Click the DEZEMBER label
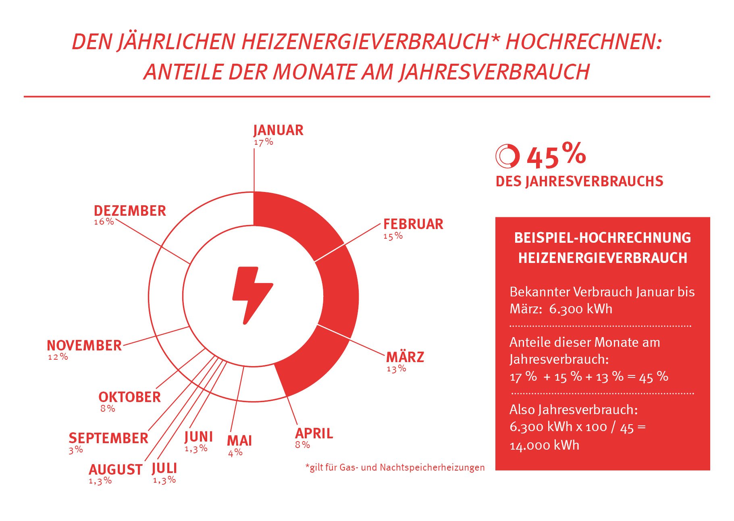click(130, 211)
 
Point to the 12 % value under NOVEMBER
click(58, 357)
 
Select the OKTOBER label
click(129, 397)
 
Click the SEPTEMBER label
click(108, 438)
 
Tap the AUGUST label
click(115, 470)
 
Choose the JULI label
click(164, 468)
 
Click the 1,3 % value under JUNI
click(196, 448)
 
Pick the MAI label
click(239, 441)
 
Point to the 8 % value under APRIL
click(302, 445)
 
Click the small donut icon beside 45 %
click(507, 156)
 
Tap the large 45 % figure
click(556, 156)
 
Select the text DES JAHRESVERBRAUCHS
click(579, 181)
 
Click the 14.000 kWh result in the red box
click(544, 445)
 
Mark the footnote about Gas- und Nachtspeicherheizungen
click(395, 467)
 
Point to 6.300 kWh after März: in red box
click(580, 309)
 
